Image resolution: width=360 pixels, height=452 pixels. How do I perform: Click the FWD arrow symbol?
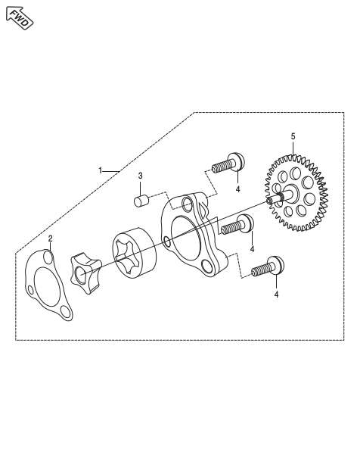20,18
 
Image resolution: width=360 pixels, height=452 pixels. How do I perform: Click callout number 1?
101,170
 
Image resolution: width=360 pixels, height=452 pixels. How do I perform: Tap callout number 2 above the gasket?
51,238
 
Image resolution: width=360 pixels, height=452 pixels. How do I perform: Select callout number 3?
140,176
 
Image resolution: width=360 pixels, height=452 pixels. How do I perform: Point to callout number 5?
293,136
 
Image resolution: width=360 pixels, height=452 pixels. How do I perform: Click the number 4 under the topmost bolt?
237,189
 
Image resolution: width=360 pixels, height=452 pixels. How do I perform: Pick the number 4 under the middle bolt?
252,249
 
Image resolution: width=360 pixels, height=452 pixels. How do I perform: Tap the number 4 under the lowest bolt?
276,295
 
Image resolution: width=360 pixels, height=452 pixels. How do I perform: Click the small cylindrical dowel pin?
141,201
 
